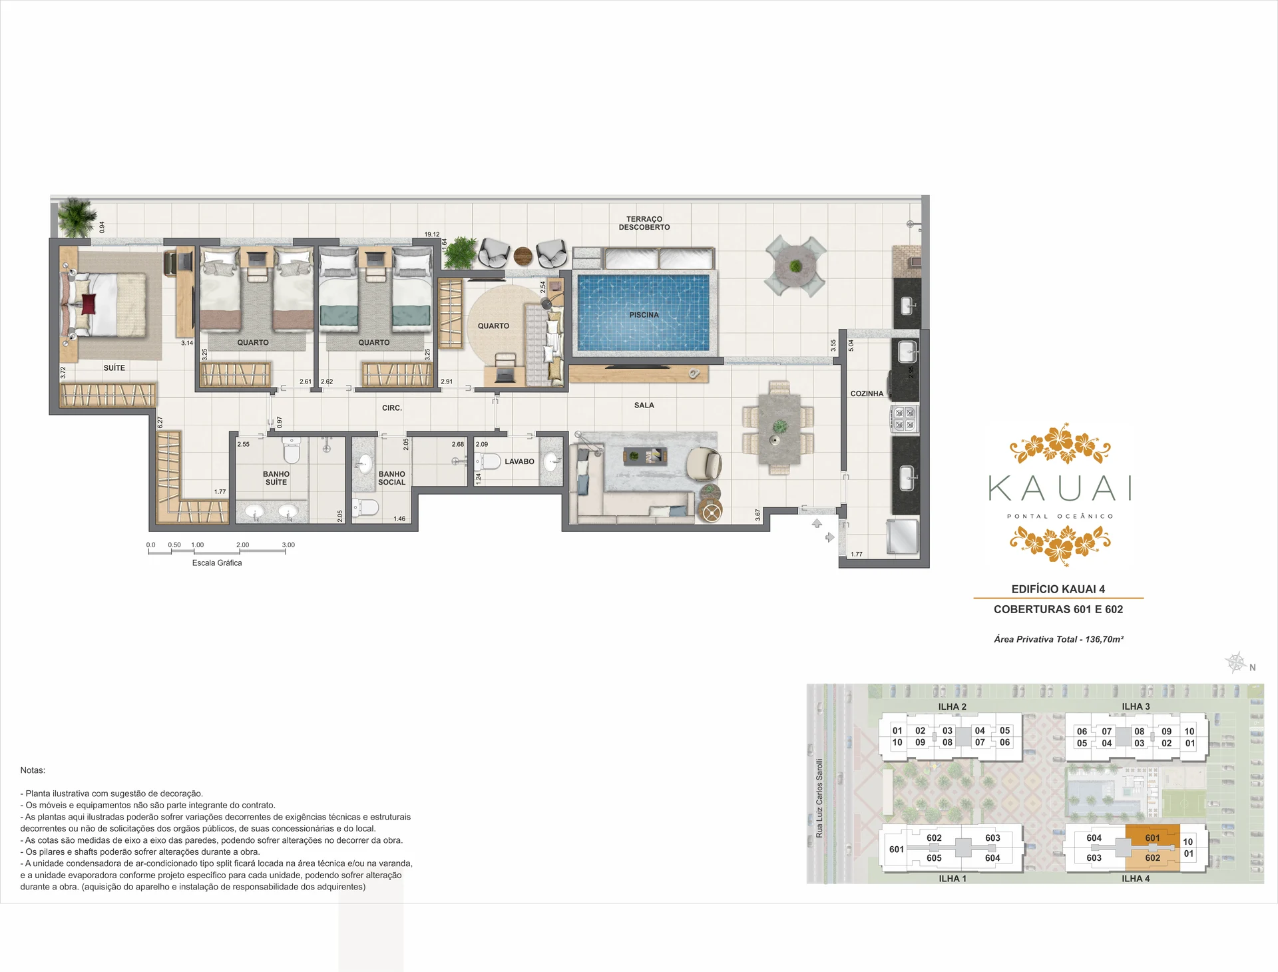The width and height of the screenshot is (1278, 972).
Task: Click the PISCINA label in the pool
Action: [x=644, y=315]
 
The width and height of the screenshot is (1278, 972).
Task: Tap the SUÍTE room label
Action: [x=114, y=367]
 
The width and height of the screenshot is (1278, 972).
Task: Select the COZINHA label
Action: [x=867, y=393]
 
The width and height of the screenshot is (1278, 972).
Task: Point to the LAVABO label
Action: [x=519, y=461]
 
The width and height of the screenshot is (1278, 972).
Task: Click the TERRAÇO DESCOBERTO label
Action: [x=644, y=223]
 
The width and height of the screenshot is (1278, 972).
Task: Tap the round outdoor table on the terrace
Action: [x=795, y=266]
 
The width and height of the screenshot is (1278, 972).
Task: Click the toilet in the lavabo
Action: [x=488, y=461]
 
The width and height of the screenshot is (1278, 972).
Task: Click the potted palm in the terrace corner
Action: [x=75, y=217]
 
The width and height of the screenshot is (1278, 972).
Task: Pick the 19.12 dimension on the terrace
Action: [x=432, y=234]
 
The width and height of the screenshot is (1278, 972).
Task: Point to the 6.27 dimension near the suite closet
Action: [x=160, y=422]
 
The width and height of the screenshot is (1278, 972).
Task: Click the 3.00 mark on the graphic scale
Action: [x=288, y=545]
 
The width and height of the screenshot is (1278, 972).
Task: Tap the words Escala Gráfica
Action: [x=217, y=563]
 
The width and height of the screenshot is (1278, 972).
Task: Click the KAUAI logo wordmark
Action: [x=1060, y=488]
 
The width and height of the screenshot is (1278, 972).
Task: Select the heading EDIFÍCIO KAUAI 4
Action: [x=1058, y=589]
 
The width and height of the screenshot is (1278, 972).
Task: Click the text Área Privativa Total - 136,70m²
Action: [x=1058, y=639]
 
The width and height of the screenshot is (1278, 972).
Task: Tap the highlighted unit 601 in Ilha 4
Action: [x=1152, y=838]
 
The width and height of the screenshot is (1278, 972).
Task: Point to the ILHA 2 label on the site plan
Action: [x=952, y=706]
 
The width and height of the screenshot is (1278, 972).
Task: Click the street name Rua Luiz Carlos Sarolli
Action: [x=819, y=798]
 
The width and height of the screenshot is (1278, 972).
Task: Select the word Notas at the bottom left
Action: [x=33, y=770]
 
